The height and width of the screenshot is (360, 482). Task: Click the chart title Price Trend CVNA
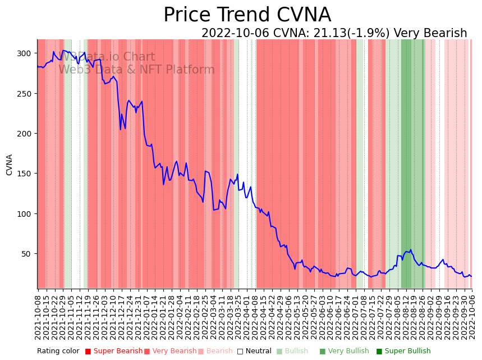247,15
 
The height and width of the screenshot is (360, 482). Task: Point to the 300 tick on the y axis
25,53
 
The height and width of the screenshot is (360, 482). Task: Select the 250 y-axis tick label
25,93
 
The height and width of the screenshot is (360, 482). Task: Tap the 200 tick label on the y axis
25,134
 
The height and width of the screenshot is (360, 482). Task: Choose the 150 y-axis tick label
25,174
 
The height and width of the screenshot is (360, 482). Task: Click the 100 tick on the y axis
25,214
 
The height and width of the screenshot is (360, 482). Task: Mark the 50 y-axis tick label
27,254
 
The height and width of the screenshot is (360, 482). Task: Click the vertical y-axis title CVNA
10,165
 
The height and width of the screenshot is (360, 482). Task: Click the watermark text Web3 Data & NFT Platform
136,70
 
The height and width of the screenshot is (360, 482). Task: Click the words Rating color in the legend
58,351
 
